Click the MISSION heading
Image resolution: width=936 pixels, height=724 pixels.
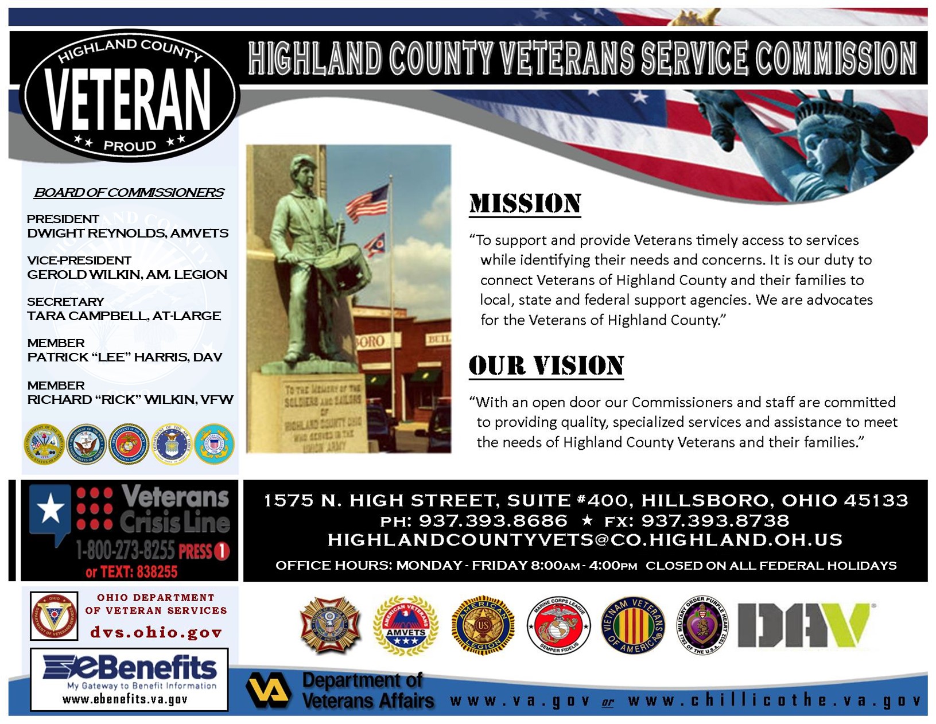coord(525,204)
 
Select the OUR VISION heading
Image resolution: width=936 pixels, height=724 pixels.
coord(546,366)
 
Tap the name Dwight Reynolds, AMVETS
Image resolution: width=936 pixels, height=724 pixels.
coord(127,233)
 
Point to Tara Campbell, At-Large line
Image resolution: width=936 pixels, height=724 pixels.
coord(124,316)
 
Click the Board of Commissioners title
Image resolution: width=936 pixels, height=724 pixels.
coord(129,193)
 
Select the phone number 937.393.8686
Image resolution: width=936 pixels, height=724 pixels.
coord(492,521)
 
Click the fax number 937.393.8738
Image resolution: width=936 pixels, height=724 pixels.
coord(714,521)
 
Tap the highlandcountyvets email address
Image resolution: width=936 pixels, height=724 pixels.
coord(585,540)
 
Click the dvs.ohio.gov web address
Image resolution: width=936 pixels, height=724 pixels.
coord(156,633)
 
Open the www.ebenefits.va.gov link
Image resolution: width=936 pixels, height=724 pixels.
coord(125,700)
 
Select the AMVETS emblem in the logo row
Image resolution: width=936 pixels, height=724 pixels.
coord(406,626)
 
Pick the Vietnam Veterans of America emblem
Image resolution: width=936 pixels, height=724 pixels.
coord(633,626)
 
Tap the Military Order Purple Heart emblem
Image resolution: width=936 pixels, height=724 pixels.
coord(704,626)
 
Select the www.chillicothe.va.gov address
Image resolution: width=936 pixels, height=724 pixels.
coord(774,701)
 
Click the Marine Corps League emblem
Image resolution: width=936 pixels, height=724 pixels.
coord(558,626)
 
